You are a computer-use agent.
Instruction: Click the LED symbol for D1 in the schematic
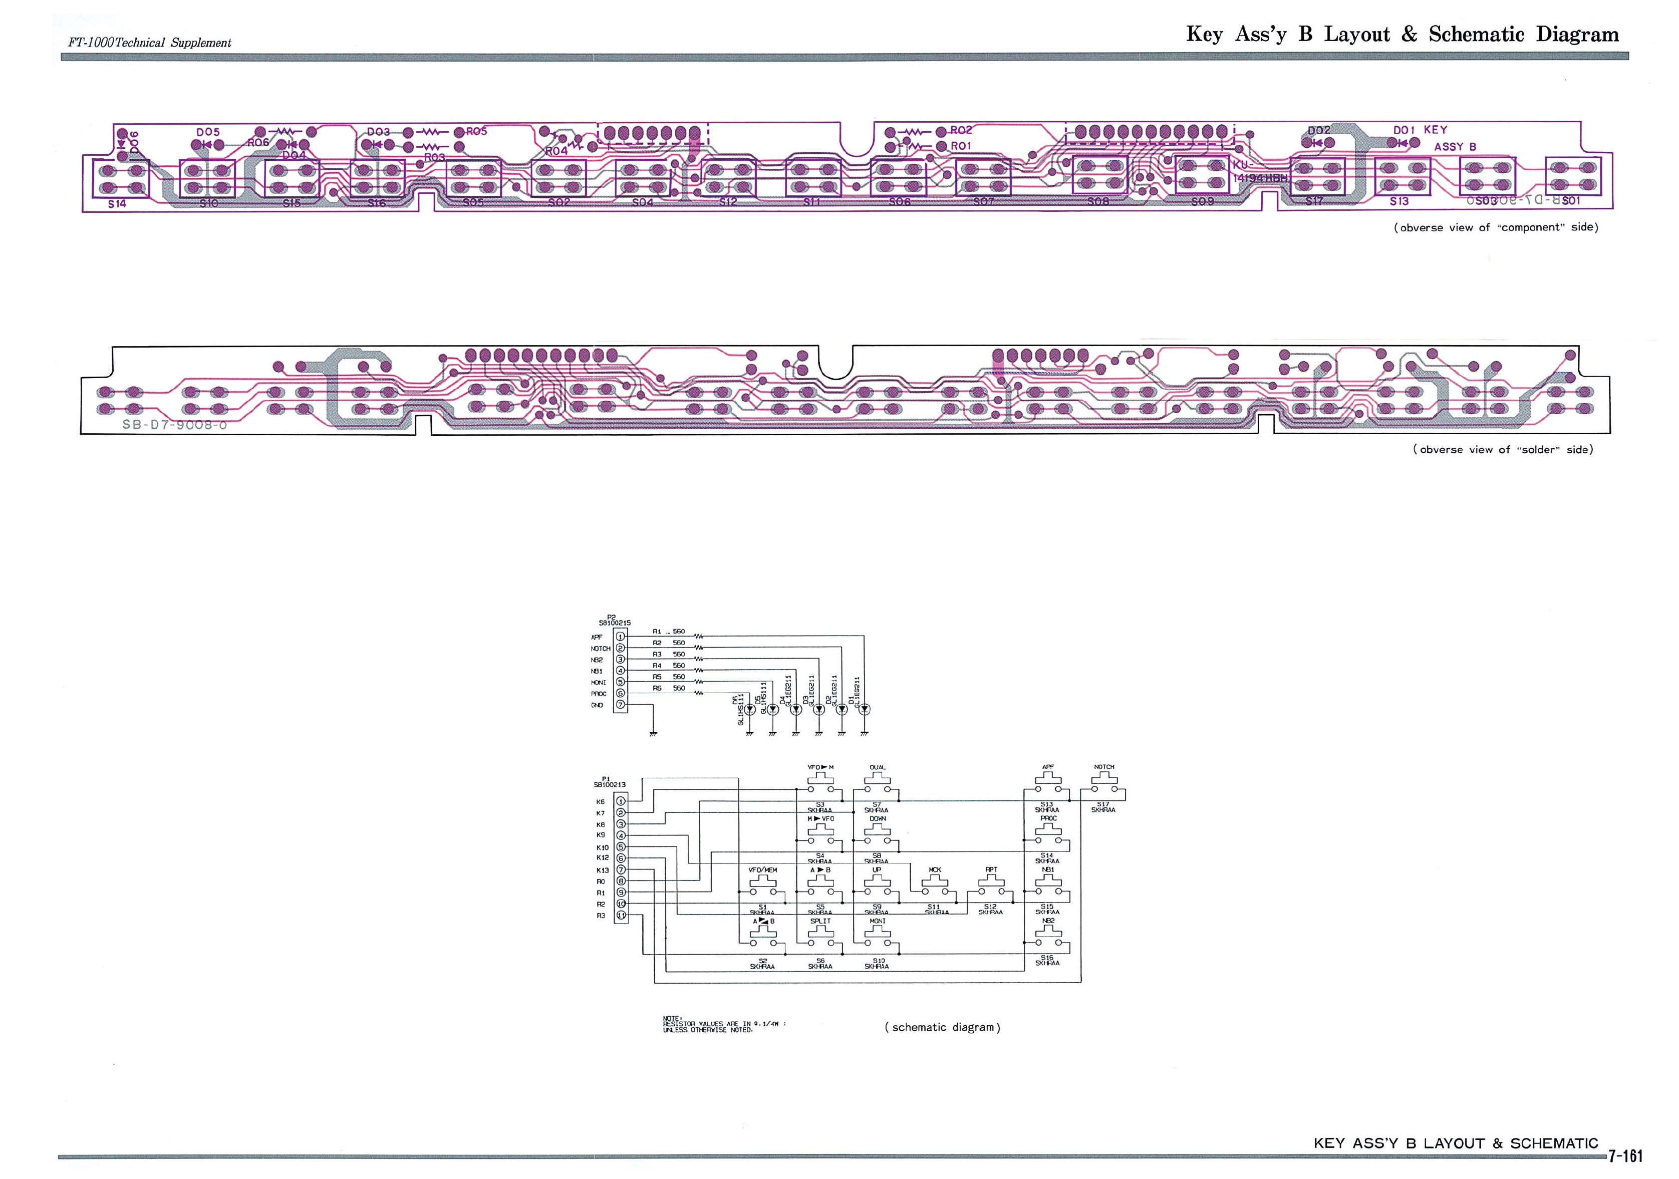coord(865,709)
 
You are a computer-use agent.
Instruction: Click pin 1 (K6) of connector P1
coord(621,801)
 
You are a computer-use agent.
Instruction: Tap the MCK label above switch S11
coord(935,869)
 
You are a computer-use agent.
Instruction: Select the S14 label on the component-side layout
coord(117,204)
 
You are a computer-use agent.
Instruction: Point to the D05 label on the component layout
coord(208,132)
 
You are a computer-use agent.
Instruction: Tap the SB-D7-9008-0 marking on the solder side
coord(175,424)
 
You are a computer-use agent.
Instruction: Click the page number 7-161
coord(1625,1155)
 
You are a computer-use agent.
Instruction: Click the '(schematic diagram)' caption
coord(942,1027)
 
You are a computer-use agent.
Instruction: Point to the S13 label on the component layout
coord(1399,201)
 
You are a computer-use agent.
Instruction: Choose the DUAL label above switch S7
coord(878,767)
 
